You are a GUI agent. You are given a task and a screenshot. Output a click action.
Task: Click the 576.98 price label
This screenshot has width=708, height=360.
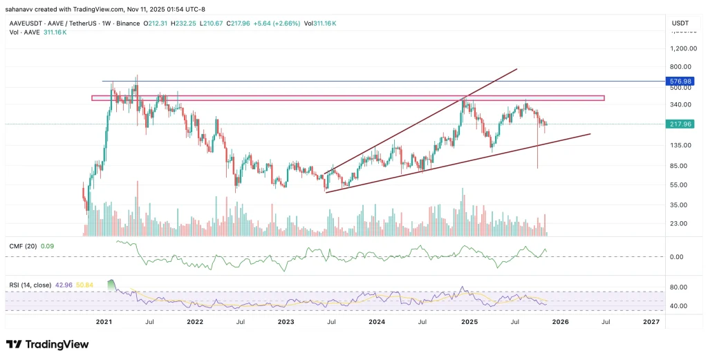pos(676,81)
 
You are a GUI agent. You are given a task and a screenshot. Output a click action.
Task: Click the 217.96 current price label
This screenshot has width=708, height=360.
pos(676,124)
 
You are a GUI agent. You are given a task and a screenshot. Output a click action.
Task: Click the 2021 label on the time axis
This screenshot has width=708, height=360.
pos(104,322)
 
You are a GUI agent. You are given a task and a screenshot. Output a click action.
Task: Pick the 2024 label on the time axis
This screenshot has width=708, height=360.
pos(377,322)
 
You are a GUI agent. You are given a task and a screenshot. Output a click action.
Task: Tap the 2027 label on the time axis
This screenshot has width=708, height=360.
pos(651,322)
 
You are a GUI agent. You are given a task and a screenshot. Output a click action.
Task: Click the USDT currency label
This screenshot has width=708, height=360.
pos(680,23)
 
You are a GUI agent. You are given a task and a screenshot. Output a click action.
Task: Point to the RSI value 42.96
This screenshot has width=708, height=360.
pos(64,284)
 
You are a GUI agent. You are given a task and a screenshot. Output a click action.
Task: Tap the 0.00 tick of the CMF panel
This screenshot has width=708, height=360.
pos(678,256)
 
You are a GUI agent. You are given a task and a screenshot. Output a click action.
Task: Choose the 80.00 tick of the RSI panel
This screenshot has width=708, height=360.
pos(678,287)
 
